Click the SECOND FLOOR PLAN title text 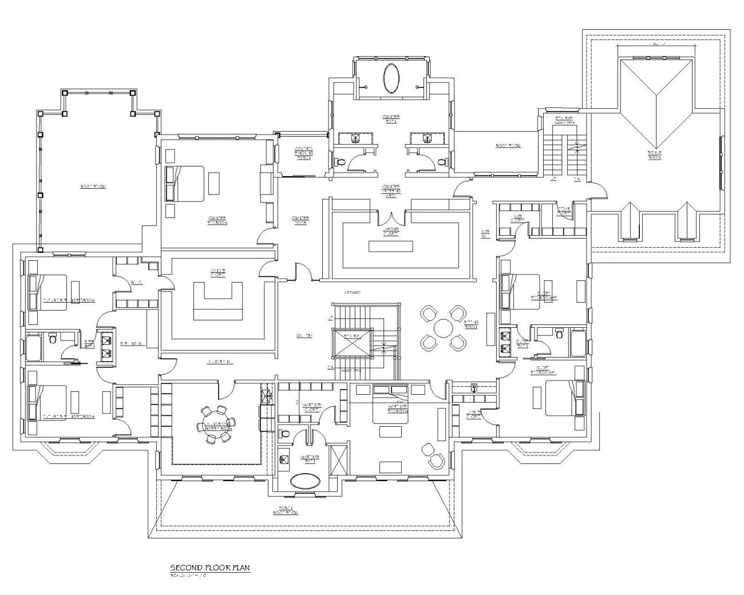pos(209,568)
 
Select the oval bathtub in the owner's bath pos(392,78)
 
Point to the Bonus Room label pos(654,154)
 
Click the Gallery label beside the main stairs pos(304,336)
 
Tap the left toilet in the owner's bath pos(341,162)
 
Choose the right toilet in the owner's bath pos(441,162)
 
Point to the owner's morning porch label pos(303,153)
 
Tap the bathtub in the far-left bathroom pos(33,348)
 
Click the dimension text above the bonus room pos(658,43)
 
